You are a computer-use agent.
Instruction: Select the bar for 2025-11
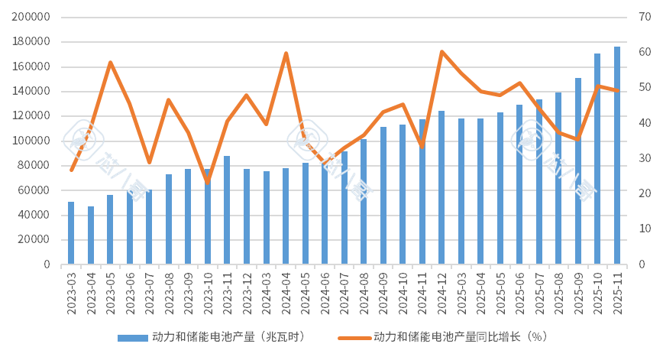tap(617, 156)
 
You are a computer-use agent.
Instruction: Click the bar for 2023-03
tap(71, 233)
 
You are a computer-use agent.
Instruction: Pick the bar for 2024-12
tap(441, 188)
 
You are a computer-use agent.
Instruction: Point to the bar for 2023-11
tap(227, 210)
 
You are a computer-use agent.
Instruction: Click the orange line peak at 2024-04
tap(286, 53)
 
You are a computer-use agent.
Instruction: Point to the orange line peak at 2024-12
tap(441, 51)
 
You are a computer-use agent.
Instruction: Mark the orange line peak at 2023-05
tap(110, 61)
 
